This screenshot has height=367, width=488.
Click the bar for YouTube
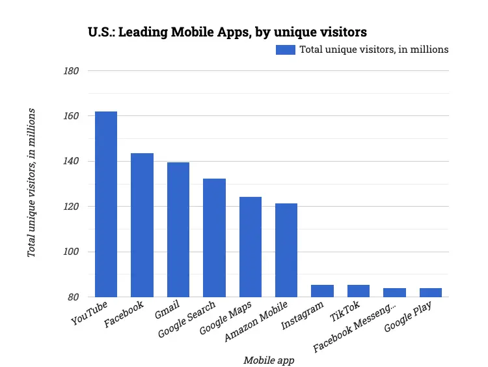pyautogui.click(x=106, y=204)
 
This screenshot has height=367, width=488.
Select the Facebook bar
pyautogui.click(x=142, y=225)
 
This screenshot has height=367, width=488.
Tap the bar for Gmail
pyautogui.click(x=178, y=229)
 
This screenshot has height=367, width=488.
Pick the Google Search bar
pyautogui.click(x=214, y=237)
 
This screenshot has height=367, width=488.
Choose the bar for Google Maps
pyautogui.click(x=250, y=246)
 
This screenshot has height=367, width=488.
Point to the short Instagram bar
pyautogui.click(x=322, y=291)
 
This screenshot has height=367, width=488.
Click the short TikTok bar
pyautogui.click(x=359, y=291)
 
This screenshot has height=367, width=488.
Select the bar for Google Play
pyautogui.click(x=430, y=292)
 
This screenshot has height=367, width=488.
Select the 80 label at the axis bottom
pyautogui.click(x=72, y=297)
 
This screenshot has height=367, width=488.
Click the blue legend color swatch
pyautogui.click(x=286, y=50)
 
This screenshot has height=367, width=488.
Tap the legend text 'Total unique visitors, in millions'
pyautogui.click(x=373, y=50)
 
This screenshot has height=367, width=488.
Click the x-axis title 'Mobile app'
pyautogui.click(x=267, y=360)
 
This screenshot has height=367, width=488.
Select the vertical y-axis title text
pyautogui.click(x=31, y=183)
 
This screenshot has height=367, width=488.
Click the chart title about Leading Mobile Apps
pyautogui.click(x=227, y=31)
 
